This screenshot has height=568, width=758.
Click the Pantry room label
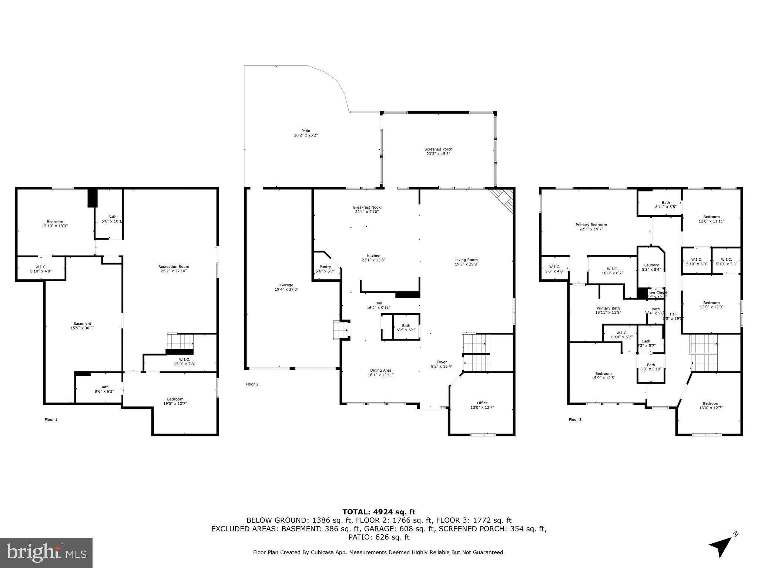click(325, 267)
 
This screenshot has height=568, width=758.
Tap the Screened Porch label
click(438, 149)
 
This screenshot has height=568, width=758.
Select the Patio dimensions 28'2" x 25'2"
click(305, 135)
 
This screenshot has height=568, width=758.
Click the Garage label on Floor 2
click(286, 285)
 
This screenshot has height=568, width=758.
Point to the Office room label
click(482, 403)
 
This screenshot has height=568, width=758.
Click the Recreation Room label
click(174, 267)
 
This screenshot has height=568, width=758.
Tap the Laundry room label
click(651, 265)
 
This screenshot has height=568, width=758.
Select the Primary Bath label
click(608, 308)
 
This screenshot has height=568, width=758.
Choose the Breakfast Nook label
click(367, 207)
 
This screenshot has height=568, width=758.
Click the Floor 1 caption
click(51, 419)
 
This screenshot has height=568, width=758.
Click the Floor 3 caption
click(575, 419)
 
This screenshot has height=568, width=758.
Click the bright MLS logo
click(46, 553)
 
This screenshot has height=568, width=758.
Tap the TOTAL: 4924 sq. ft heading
click(379, 512)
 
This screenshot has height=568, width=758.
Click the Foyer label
click(442, 362)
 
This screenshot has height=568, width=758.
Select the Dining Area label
click(380, 370)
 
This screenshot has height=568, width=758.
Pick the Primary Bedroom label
click(591, 224)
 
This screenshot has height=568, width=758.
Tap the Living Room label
click(466, 260)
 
